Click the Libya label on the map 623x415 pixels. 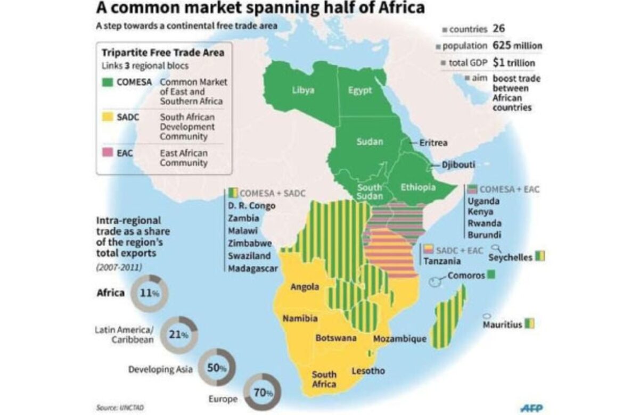[x=303, y=90]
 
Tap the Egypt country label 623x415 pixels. [x=360, y=90]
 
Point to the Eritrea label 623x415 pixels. [x=433, y=143]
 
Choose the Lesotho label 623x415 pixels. [x=368, y=371]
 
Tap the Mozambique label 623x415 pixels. [x=400, y=338]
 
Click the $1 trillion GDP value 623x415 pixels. [x=514, y=63]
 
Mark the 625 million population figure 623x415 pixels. [x=517, y=46]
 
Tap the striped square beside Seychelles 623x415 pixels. [x=540, y=257]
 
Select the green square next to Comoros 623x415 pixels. [x=491, y=275]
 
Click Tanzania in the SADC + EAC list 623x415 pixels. [x=442, y=261]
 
